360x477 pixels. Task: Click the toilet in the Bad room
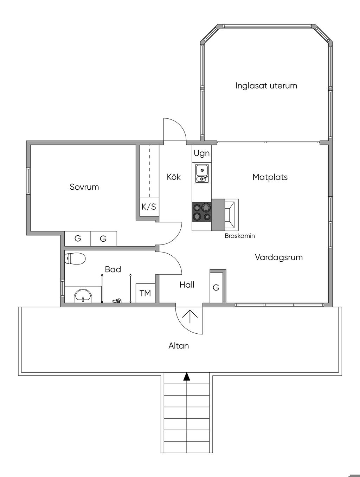75,259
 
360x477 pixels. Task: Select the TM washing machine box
145,293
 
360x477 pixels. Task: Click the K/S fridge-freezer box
149,207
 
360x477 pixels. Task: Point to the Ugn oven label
202,153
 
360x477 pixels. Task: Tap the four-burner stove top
202,212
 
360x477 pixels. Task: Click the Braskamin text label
240,236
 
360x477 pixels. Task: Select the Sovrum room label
84,187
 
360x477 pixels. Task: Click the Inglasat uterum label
266,86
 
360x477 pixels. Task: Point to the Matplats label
270,177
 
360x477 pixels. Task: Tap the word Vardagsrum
279,257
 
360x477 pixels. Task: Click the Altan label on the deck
179,346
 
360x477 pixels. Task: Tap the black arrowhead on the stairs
187,377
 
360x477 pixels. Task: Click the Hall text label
187,285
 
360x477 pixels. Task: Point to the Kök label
174,177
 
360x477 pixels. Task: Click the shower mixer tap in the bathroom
117,301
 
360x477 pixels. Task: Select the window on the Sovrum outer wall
28,181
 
